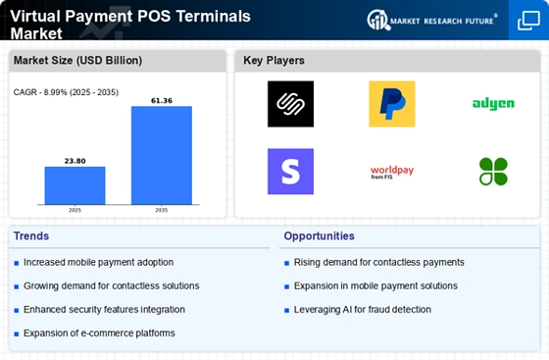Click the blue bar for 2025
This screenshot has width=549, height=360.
tap(75, 185)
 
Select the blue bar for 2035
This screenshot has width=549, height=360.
tap(162, 155)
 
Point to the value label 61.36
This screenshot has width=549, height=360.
tap(162, 101)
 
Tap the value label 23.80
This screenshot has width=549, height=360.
tap(75, 161)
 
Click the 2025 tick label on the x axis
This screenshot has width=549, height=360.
tap(75, 210)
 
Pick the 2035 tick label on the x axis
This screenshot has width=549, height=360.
tap(162, 210)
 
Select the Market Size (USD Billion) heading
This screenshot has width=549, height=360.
tap(77, 61)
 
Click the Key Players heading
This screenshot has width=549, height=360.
tap(274, 61)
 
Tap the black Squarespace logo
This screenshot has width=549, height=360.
tap(290, 104)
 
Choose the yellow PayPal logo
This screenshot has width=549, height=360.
tap(392, 104)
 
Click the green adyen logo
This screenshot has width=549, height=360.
tap(493, 104)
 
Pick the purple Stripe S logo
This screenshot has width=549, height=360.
tap(290, 172)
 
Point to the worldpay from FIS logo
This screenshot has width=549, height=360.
tap(392, 172)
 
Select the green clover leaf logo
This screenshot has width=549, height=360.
tap(493, 172)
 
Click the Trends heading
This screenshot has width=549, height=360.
tap(31, 236)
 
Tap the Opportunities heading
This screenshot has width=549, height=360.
tap(319, 236)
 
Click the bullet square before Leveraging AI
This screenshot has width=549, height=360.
tap(286, 310)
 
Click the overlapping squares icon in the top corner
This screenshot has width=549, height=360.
tap(528, 21)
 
